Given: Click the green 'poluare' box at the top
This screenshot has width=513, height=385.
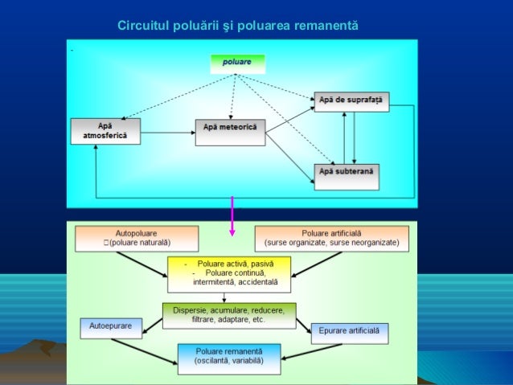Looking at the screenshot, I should click(237, 63).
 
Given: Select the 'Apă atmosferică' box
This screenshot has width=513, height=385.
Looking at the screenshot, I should click(105, 131).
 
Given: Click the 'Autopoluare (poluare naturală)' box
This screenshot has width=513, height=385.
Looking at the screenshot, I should click(136, 238).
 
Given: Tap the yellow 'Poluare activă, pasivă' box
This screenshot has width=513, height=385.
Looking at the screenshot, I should click(229, 273).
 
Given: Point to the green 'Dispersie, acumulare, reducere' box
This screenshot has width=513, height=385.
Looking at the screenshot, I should click(229, 313).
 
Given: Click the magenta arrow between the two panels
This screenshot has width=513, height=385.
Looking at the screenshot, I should click(232, 216).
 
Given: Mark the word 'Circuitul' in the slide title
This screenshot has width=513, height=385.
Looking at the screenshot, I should click(144, 27).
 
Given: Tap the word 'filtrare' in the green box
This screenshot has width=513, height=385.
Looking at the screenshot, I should click(206, 319).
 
